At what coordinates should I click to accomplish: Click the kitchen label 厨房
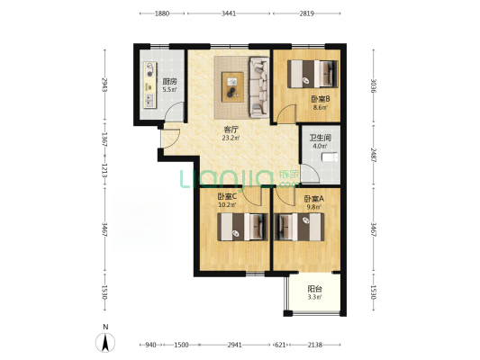click(x=169, y=82)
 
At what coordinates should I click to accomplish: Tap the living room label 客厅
click(x=231, y=130)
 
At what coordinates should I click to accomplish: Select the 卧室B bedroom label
click(x=321, y=99)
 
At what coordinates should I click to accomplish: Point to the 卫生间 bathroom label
click(x=321, y=138)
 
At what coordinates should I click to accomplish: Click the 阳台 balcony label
click(x=314, y=289)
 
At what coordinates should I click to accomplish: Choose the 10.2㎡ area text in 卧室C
click(x=227, y=205)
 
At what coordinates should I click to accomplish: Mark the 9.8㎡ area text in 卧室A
click(x=313, y=207)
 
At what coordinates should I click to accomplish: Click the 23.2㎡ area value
click(x=231, y=138)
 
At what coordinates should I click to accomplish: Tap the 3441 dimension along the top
click(x=229, y=13)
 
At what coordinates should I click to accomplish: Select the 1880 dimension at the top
click(x=162, y=13)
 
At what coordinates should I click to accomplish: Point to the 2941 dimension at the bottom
click(x=234, y=345)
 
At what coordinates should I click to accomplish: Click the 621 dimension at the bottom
click(x=280, y=345)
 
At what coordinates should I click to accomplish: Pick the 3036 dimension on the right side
click(x=374, y=86)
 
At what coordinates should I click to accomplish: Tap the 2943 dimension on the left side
click(x=105, y=85)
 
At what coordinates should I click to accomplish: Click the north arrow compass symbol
click(x=105, y=343)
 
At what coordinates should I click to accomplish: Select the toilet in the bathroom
click(x=330, y=157)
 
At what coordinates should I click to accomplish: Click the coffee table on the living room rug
click(x=232, y=87)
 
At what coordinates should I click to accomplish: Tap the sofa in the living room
click(x=259, y=87)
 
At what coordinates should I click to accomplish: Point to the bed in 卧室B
click(x=312, y=74)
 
